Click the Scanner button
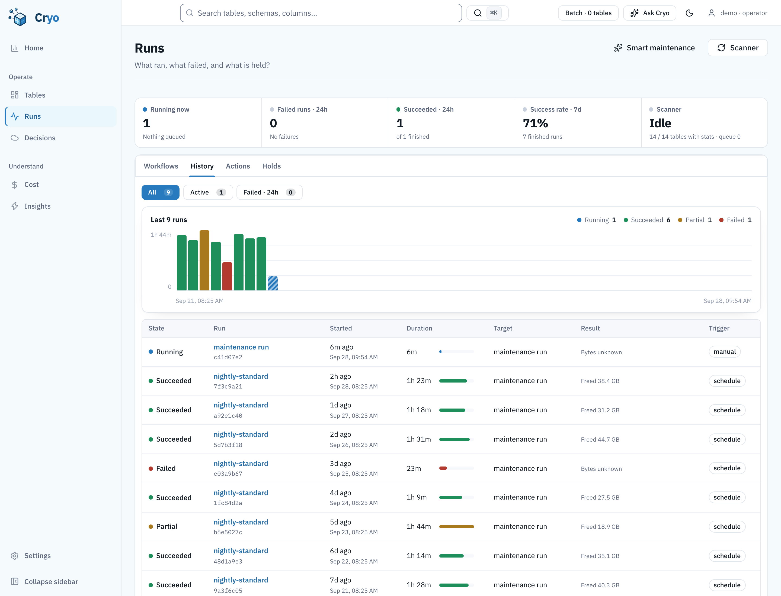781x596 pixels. pyautogui.click(x=737, y=48)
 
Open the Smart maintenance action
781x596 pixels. pyautogui.click(x=654, y=48)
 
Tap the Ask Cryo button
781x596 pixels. pyautogui.click(x=649, y=13)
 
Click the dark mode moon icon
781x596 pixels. pyautogui.click(x=689, y=13)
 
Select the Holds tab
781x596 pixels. pyautogui.click(x=271, y=166)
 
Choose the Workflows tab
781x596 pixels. pyautogui.click(x=161, y=166)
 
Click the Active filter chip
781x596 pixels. pyautogui.click(x=208, y=192)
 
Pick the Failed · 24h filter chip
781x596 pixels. pyautogui.click(x=269, y=192)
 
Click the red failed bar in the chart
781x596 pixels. pyautogui.click(x=227, y=276)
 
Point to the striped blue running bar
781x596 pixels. pyautogui.click(x=273, y=283)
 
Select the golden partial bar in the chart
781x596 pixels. pyautogui.click(x=204, y=260)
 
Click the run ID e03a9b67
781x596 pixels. pyautogui.click(x=228, y=474)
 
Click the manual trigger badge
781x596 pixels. pyautogui.click(x=725, y=352)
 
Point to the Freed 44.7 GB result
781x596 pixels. pyautogui.click(x=600, y=439)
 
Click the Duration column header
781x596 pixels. pyautogui.click(x=419, y=328)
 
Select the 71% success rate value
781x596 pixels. pyautogui.click(x=535, y=123)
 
